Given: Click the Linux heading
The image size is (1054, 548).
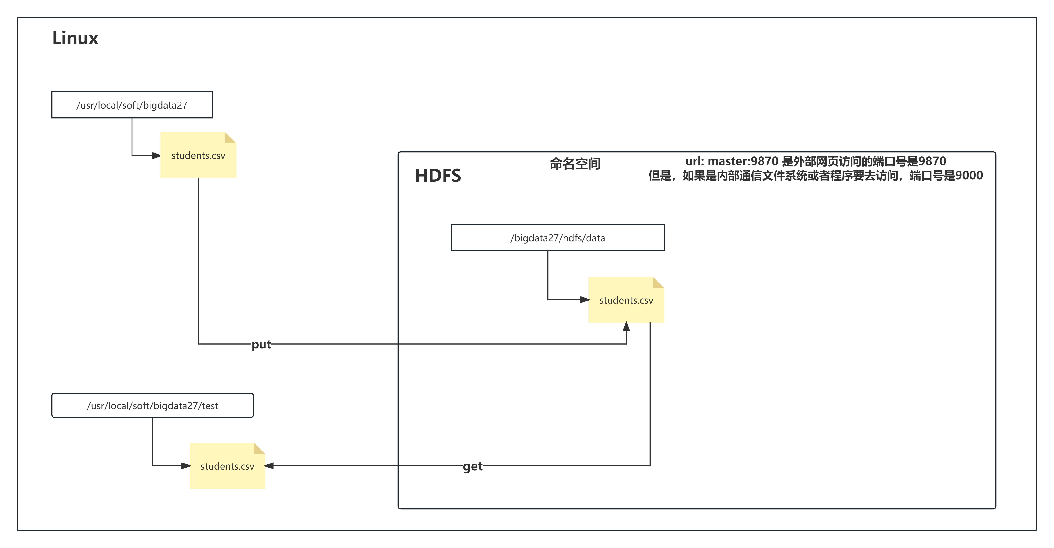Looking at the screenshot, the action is (x=75, y=38).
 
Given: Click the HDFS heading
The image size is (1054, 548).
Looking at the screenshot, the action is (x=438, y=176).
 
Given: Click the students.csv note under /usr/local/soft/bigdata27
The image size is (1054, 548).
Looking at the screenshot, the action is (x=198, y=155).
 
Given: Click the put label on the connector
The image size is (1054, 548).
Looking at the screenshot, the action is (x=261, y=344).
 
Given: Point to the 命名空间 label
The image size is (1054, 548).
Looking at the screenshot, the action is (x=575, y=164).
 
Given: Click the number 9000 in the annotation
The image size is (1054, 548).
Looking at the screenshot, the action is (x=969, y=176).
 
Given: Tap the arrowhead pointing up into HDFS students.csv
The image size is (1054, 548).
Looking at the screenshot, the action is (x=626, y=326).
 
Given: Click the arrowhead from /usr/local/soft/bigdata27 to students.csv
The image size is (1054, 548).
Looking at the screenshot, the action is (x=156, y=155).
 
